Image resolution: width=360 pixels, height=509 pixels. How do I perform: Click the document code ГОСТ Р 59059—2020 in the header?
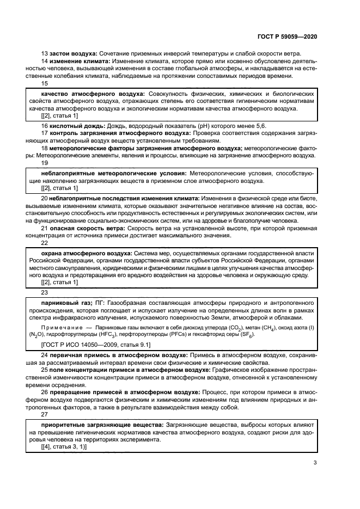coord(287,36)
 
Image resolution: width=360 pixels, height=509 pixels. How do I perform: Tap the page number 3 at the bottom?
coord(315,463)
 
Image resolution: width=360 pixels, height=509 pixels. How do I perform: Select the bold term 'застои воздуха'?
coord(73,54)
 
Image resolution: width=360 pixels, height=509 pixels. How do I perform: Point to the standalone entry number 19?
coord(45,162)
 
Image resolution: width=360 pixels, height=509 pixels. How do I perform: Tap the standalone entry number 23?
coord(45,292)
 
